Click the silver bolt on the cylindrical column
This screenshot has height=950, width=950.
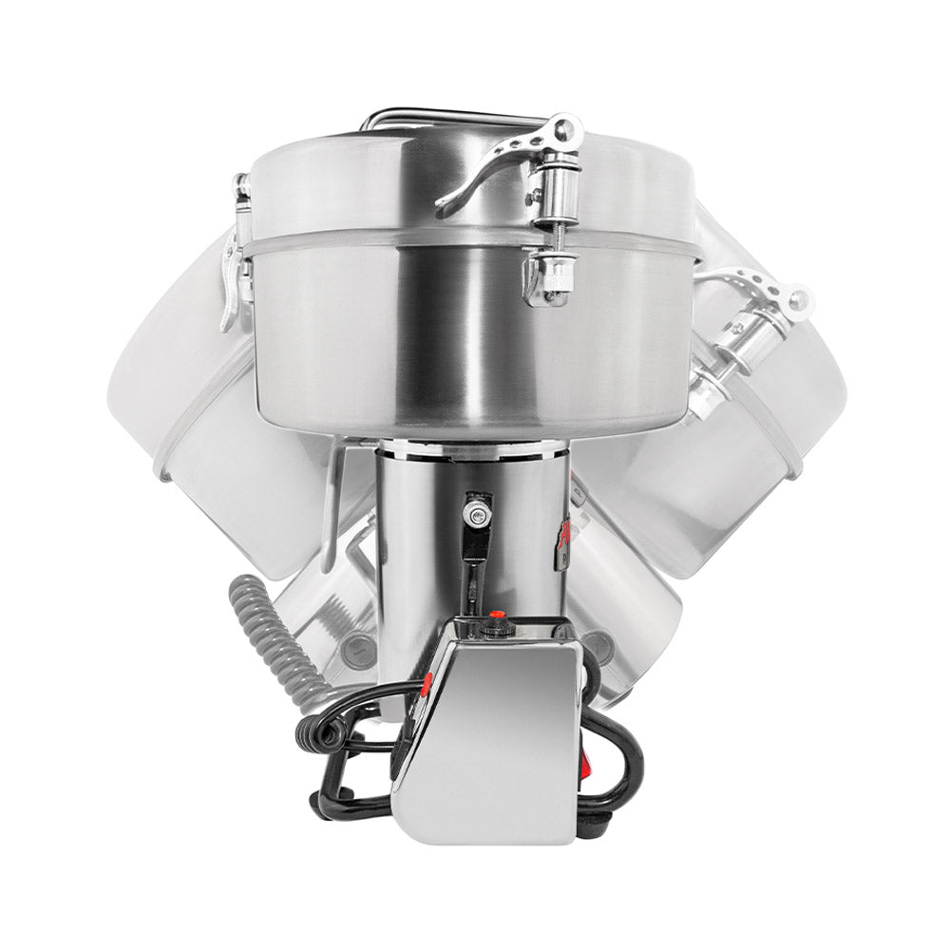pyautogui.click(x=472, y=514)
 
